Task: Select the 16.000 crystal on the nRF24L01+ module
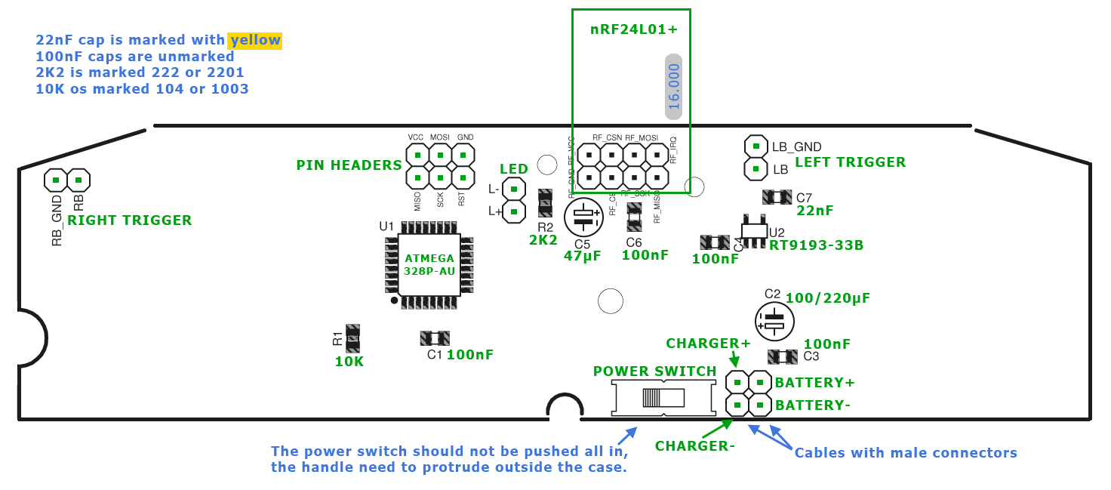click(673, 86)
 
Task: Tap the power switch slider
click(662, 397)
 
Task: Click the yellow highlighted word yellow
click(256, 40)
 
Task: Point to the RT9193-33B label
click(816, 245)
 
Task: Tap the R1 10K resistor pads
click(352, 338)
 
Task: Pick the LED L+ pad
click(513, 211)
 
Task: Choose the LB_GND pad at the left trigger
click(756, 146)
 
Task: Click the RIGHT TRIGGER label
click(129, 220)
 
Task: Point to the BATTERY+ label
click(814, 382)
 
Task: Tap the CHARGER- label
click(694, 445)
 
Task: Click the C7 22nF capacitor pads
click(777, 197)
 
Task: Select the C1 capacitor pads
click(435, 338)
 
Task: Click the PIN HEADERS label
click(349, 165)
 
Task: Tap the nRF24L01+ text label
click(634, 30)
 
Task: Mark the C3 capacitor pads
click(783, 356)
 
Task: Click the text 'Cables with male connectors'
click(906, 453)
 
